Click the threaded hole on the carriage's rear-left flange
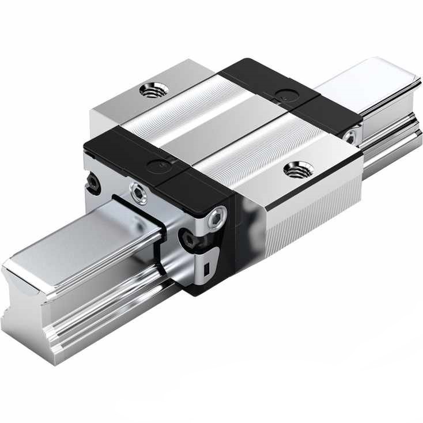pyautogui.click(x=154, y=90)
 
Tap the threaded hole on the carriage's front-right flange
pyautogui.click(x=299, y=169)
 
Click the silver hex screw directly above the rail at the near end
pyautogui.click(x=139, y=193)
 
